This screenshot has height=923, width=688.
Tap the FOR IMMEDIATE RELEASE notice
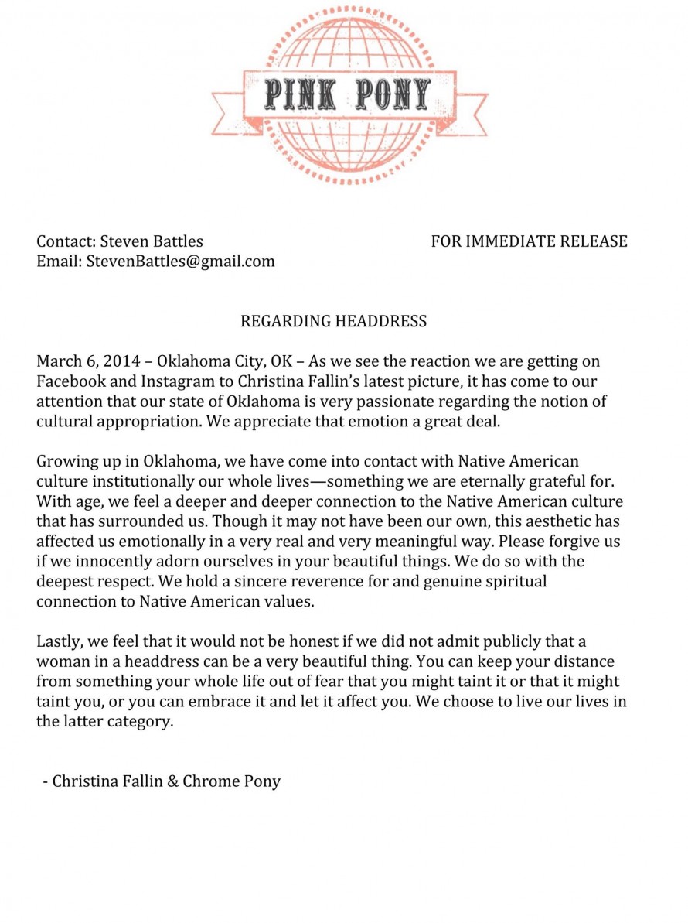(x=529, y=241)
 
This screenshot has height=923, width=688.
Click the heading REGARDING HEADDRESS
(x=333, y=320)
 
